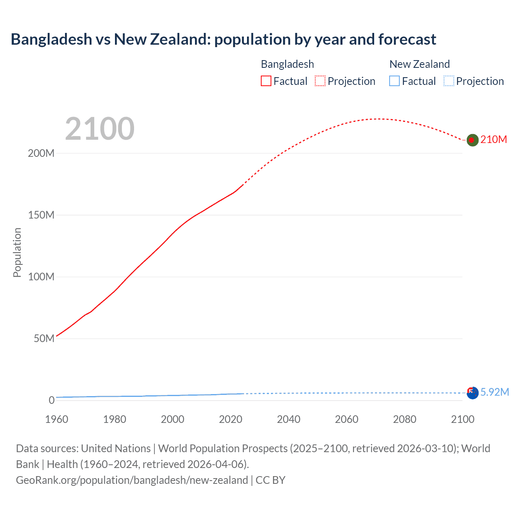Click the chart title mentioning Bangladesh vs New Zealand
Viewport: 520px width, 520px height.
pyautogui.click(x=223, y=39)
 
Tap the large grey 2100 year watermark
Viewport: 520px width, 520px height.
pyautogui.click(x=100, y=129)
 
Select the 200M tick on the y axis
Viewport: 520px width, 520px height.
pyautogui.click(x=41, y=154)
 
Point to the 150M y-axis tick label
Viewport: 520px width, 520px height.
pyautogui.click(x=41, y=215)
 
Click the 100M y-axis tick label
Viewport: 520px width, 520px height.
pyautogui.click(x=41, y=277)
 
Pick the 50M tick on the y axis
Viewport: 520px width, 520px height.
pyautogui.click(x=44, y=339)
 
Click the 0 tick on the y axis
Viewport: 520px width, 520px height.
pyautogui.click(x=52, y=400)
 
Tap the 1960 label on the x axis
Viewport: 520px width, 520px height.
pyautogui.click(x=56, y=419)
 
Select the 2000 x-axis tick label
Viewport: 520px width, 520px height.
pyautogui.click(x=173, y=419)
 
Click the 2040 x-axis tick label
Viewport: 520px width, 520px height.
pyautogui.click(x=288, y=419)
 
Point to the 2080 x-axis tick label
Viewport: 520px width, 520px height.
pyautogui.click(x=405, y=419)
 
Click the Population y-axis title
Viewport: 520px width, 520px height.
pyautogui.click(x=17, y=252)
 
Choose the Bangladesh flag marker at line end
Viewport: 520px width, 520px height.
pyautogui.click(x=472, y=140)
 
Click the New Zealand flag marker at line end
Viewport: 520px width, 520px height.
pyautogui.click(x=472, y=393)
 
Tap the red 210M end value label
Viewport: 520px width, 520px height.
pyautogui.click(x=494, y=140)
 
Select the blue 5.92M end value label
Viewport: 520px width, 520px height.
pyautogui.click(x=494, y=392)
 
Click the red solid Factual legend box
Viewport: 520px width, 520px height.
pyautogui.click(x=266, y=81)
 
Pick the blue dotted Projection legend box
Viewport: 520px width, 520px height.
pyautogui.click(x=449, y=81)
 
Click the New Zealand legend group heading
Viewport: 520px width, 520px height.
pyautogui.click(x=420, y=64)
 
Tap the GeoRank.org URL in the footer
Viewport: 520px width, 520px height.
pyautogui.click(x=132, y=480)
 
